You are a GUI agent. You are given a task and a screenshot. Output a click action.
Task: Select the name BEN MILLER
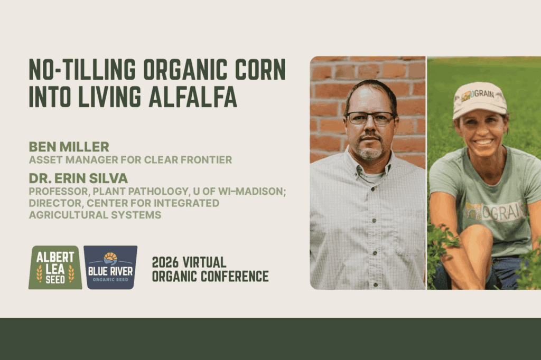(x=69, y=147)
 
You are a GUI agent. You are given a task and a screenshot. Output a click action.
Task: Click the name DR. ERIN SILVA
(x=78, y=178)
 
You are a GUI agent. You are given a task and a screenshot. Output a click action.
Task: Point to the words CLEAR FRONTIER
(x=188, y=159)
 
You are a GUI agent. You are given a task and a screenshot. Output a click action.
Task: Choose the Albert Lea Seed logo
(x=55, y=267)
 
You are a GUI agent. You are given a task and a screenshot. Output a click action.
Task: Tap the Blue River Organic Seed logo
(x=110, y=267)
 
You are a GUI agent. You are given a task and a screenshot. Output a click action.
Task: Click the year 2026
(x=165, y=262)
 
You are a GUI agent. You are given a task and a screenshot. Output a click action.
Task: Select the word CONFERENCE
(x=235, y=276)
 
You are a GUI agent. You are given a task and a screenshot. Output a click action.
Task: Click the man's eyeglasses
(x=371, y=118)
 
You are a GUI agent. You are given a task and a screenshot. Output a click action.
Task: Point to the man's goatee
(x=370, y=150)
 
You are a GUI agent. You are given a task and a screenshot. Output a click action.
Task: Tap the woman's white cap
(x=480, y=100)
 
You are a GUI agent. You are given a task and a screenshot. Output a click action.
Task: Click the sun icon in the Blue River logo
(x=110, y=257)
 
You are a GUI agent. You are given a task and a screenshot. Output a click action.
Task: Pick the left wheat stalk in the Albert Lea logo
(x=39, y=273)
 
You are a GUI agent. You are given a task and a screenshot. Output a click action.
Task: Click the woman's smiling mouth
(x=484, y=141)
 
